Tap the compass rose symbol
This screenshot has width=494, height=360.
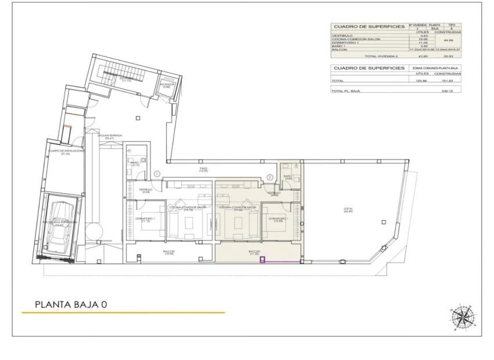tap(463, 316)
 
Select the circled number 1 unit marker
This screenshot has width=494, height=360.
tap(157, 174)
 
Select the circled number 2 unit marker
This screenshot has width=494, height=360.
tap(270, 177)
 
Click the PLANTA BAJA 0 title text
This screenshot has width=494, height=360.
tap(71, 304)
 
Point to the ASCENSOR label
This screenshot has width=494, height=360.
tap(166, 85)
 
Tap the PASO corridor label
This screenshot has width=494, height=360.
tap(203, 169)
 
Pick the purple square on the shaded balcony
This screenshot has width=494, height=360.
tap(263, 260)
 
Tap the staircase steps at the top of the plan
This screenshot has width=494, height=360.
tap(123, 73)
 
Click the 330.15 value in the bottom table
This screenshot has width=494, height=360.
tap(447, 91)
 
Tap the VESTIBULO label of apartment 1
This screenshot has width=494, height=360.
tap(145, 190)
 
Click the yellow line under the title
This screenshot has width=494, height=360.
tap(123, 313)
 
